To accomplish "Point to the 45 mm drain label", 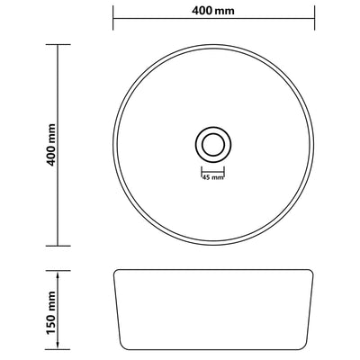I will tap(212, 176).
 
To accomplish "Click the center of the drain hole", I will tap(213, 144).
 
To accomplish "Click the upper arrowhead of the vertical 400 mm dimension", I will tap(58, 47).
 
